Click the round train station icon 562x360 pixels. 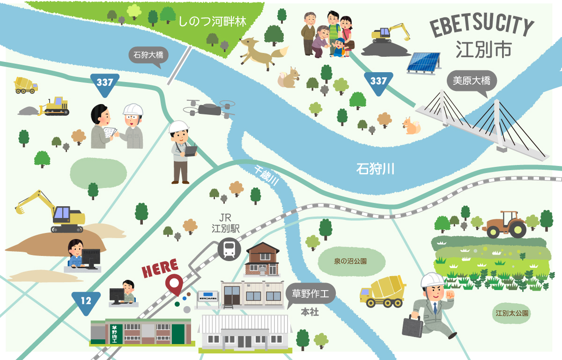(x=229, y=248)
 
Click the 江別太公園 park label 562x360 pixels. (x=512, y=313)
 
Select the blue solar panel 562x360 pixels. (x=423, y=63)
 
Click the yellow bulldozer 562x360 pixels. (x=54, y=107)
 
